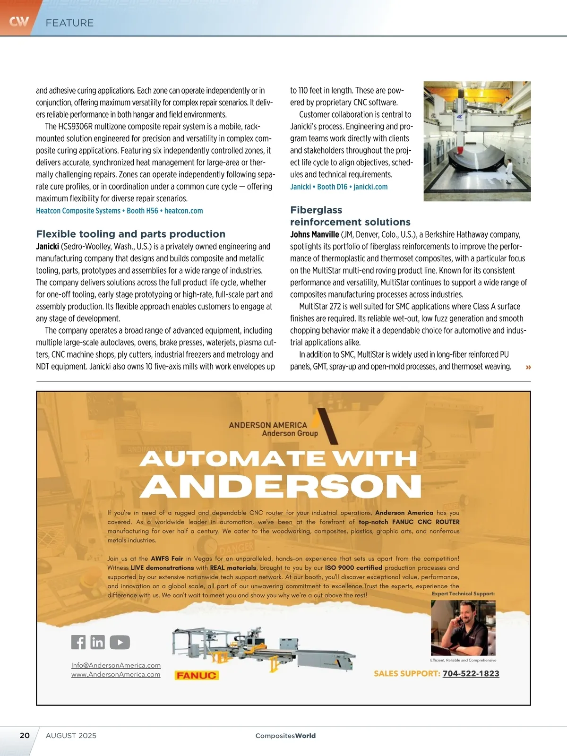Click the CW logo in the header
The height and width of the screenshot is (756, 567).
point(19,21)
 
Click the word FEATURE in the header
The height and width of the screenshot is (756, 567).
point(69,23)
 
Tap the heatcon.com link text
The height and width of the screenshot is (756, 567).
point(183,211)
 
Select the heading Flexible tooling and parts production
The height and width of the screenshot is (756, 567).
point(130,234)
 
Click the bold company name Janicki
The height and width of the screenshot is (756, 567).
point(47,246)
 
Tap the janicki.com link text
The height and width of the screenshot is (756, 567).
point(370,187)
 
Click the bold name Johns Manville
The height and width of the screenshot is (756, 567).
point(314,234)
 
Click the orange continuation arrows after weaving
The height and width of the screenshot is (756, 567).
point(528,367)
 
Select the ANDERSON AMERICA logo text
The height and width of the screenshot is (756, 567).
point(268,425)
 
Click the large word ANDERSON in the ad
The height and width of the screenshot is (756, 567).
point(280,485)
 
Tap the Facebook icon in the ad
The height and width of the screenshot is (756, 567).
point(78,642)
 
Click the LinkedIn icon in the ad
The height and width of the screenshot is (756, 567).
point(97,642)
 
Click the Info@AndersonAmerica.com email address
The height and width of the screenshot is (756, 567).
point(116,665)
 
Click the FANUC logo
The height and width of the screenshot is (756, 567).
point(197,675)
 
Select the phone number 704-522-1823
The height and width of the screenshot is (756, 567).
point(471,674)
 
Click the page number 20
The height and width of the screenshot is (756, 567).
point(25,735)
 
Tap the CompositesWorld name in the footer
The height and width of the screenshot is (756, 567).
point(285,736)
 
